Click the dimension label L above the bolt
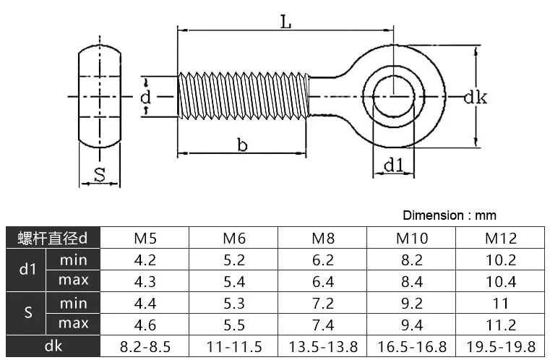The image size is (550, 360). tap(286, 23)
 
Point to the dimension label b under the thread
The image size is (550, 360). tap(242, 145)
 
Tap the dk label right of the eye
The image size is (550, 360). tap(476, 97)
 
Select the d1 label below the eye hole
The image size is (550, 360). tap(394, 165)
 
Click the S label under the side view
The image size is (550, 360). tap(100, 174)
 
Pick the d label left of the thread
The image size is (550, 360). tap(145, 97)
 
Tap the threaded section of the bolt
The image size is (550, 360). tap(243, 96)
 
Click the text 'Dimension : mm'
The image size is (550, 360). tap(450, 215)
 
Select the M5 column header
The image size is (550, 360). tap(145, 239)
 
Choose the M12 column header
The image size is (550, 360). tap(501, 239)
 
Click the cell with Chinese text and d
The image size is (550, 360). tap(53, 238)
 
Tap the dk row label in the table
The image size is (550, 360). tap(53, 346)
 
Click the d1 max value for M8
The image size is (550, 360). tap(323, 282)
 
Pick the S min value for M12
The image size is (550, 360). tap(501, 304)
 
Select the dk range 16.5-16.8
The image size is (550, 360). tap(412, 347)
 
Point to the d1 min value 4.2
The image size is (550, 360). tap(145, 260)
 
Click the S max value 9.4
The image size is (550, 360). tap(412, 325)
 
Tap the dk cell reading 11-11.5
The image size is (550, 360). tap(234, 347)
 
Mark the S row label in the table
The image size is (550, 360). tap(28, 312)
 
